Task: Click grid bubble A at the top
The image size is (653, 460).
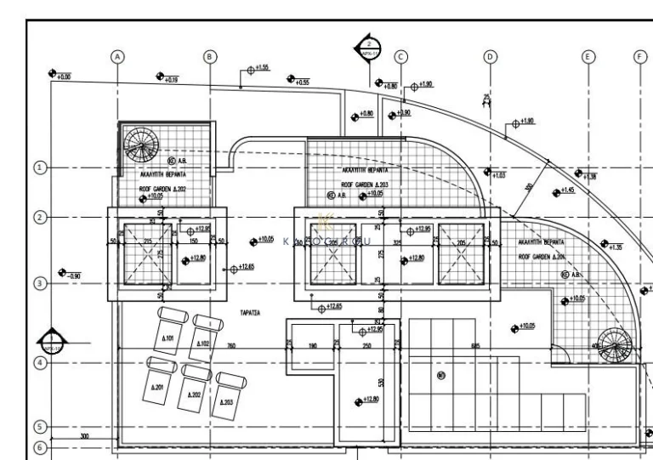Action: click(118, 56)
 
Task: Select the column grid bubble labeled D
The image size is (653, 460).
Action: click(490, 56)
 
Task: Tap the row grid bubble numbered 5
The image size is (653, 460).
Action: click(39, 428)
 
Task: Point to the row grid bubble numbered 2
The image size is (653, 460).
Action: click(39, 217)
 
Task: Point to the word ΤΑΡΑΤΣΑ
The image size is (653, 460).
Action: click(249, 313)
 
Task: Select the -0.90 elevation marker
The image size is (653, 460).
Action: click(69, 274)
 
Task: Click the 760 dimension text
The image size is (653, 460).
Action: click(230, 347)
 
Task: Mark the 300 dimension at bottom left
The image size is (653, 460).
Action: click(84, 436)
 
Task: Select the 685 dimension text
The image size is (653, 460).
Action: click(475, 347)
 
